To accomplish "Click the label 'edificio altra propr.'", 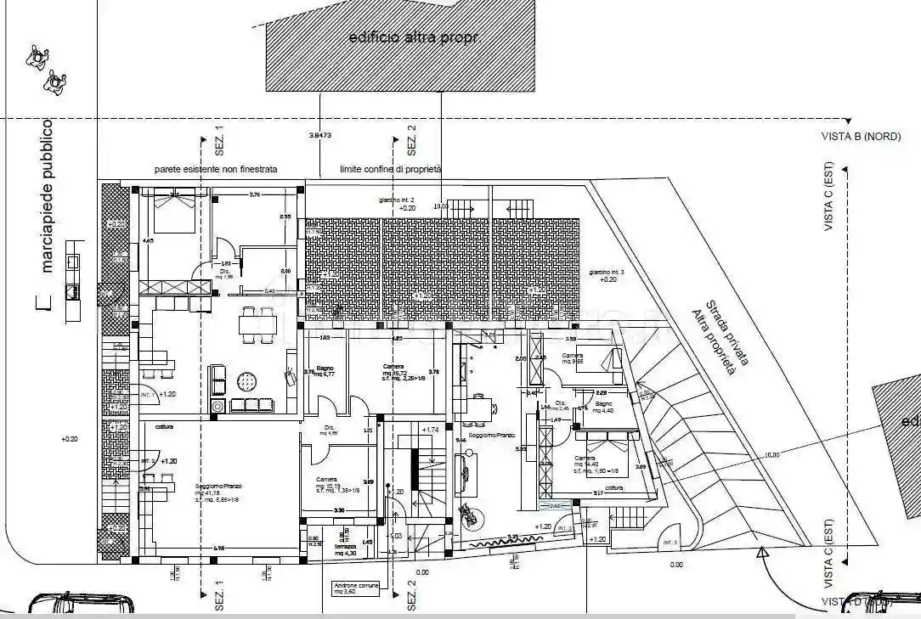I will pos(402,38).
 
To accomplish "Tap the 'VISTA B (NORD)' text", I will pos(861,136).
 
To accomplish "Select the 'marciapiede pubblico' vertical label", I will pos(48,196).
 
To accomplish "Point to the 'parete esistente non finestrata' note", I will pos(215,170).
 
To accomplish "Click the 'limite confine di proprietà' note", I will pos(390,170).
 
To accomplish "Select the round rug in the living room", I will pos(249,379).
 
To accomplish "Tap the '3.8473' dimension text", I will pos(320,136).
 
